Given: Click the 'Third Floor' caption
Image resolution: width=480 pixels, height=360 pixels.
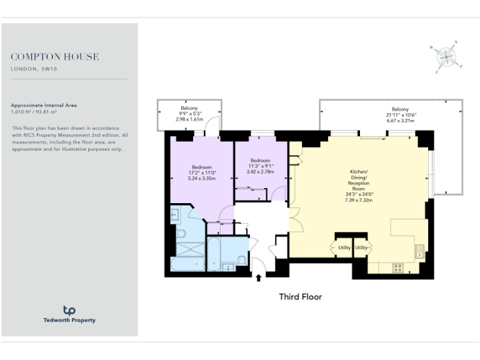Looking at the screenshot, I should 300,297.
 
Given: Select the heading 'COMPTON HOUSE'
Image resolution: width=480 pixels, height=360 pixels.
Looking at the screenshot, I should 55,57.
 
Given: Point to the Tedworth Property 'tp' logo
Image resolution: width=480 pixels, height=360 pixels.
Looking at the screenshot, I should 69,311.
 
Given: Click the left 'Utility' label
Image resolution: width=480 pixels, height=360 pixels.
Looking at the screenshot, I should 342,248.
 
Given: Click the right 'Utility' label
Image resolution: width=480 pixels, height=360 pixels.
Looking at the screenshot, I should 361,248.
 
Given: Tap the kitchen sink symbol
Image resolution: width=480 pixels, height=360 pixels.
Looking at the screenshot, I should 420,251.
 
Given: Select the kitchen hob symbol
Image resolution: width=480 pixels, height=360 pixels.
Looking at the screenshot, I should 397,268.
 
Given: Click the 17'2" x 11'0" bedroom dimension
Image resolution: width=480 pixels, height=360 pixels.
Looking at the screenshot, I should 202,172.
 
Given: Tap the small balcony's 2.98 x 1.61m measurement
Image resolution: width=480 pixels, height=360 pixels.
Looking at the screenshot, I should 190,119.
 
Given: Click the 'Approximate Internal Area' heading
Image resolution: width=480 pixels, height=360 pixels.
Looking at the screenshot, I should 44,106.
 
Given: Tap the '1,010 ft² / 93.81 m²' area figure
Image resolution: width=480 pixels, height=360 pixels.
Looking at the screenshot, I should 37,112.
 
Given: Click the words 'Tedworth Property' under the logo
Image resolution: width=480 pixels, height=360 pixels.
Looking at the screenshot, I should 69,321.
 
